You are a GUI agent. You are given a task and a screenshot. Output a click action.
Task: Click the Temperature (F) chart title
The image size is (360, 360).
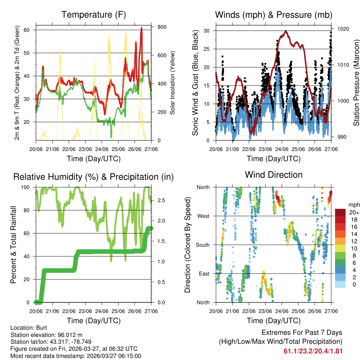click(x=94, y=15)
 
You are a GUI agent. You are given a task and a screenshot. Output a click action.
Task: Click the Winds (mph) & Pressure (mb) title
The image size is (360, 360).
click(x=274, y=15)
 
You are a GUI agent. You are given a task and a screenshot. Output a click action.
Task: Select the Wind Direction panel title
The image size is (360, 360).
click(x=274, y=174)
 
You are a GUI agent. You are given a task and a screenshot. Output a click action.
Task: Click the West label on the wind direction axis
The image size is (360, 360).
click(x=203, y=216)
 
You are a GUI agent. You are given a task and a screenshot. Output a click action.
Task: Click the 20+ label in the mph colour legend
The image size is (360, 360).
click(x=353, y=212)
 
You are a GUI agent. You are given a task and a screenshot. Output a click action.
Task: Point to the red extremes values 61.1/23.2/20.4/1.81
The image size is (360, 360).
click(x=313, y=351)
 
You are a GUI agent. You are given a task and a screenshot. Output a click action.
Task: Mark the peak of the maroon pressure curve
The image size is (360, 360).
click(x=285, y=31)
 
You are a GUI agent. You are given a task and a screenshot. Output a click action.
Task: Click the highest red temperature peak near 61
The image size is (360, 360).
click(x=141, y=28)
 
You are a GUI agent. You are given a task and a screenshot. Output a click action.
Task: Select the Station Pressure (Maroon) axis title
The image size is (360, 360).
click(x=356, y=82)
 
